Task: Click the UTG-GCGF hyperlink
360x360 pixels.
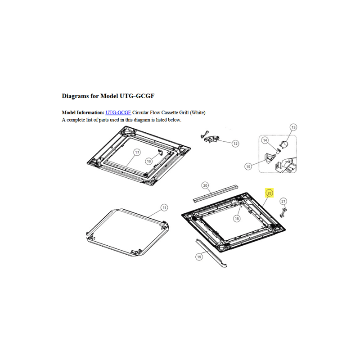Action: [118, 112]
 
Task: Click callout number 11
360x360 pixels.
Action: [164, 208]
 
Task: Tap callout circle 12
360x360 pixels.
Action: [235, 144]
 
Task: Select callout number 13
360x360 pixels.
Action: [293, 127]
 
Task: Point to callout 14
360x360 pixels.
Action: [265, 140]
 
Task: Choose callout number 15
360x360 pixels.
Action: [248, 166]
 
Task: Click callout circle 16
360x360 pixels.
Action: [149, 161]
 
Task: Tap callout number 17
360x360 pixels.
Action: [137, 152]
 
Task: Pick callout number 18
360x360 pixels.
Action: [237, 219]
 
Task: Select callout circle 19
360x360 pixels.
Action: [199, 256]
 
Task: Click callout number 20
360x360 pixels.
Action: [205, 185]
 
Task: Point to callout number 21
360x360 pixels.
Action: [283, 201]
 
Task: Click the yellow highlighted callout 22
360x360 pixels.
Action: [269, 193]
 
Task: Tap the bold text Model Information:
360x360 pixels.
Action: [83, 112]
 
